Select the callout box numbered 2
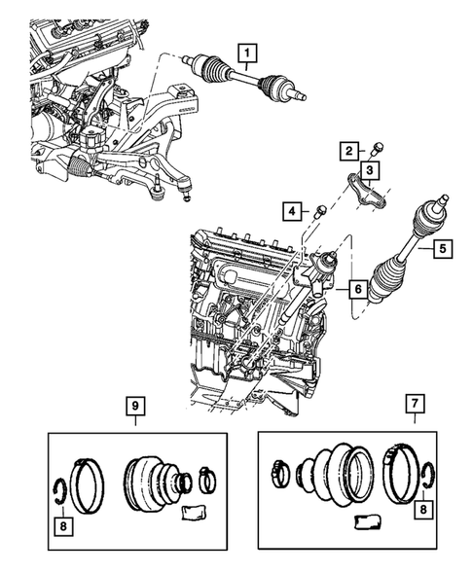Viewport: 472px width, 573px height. [x=347, y=150]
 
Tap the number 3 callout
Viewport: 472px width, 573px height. [x=372, y=169]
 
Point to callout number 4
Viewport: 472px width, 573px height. [x=291, y=210]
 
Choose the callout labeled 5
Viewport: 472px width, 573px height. [x=441, y=249]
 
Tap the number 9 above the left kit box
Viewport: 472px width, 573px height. [x=136, y=405]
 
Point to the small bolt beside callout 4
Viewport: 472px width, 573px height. [x=316, y=209]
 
